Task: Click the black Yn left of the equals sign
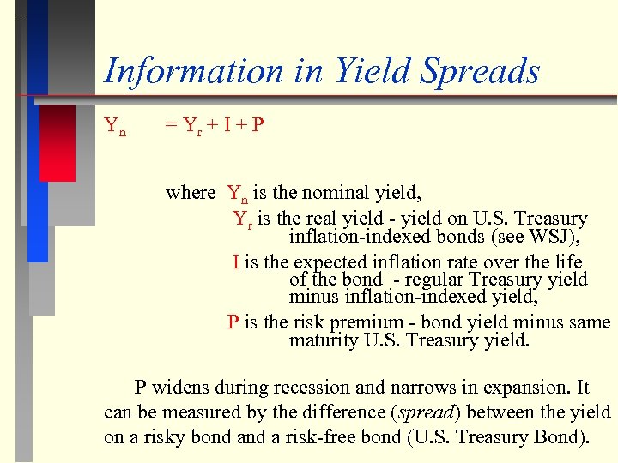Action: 115,127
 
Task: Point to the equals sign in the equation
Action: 170,126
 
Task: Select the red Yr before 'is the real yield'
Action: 243,219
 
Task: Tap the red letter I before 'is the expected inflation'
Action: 235,262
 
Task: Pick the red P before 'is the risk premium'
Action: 233,323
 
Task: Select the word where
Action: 191,192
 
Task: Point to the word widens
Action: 184,388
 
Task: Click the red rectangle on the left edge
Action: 58,142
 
